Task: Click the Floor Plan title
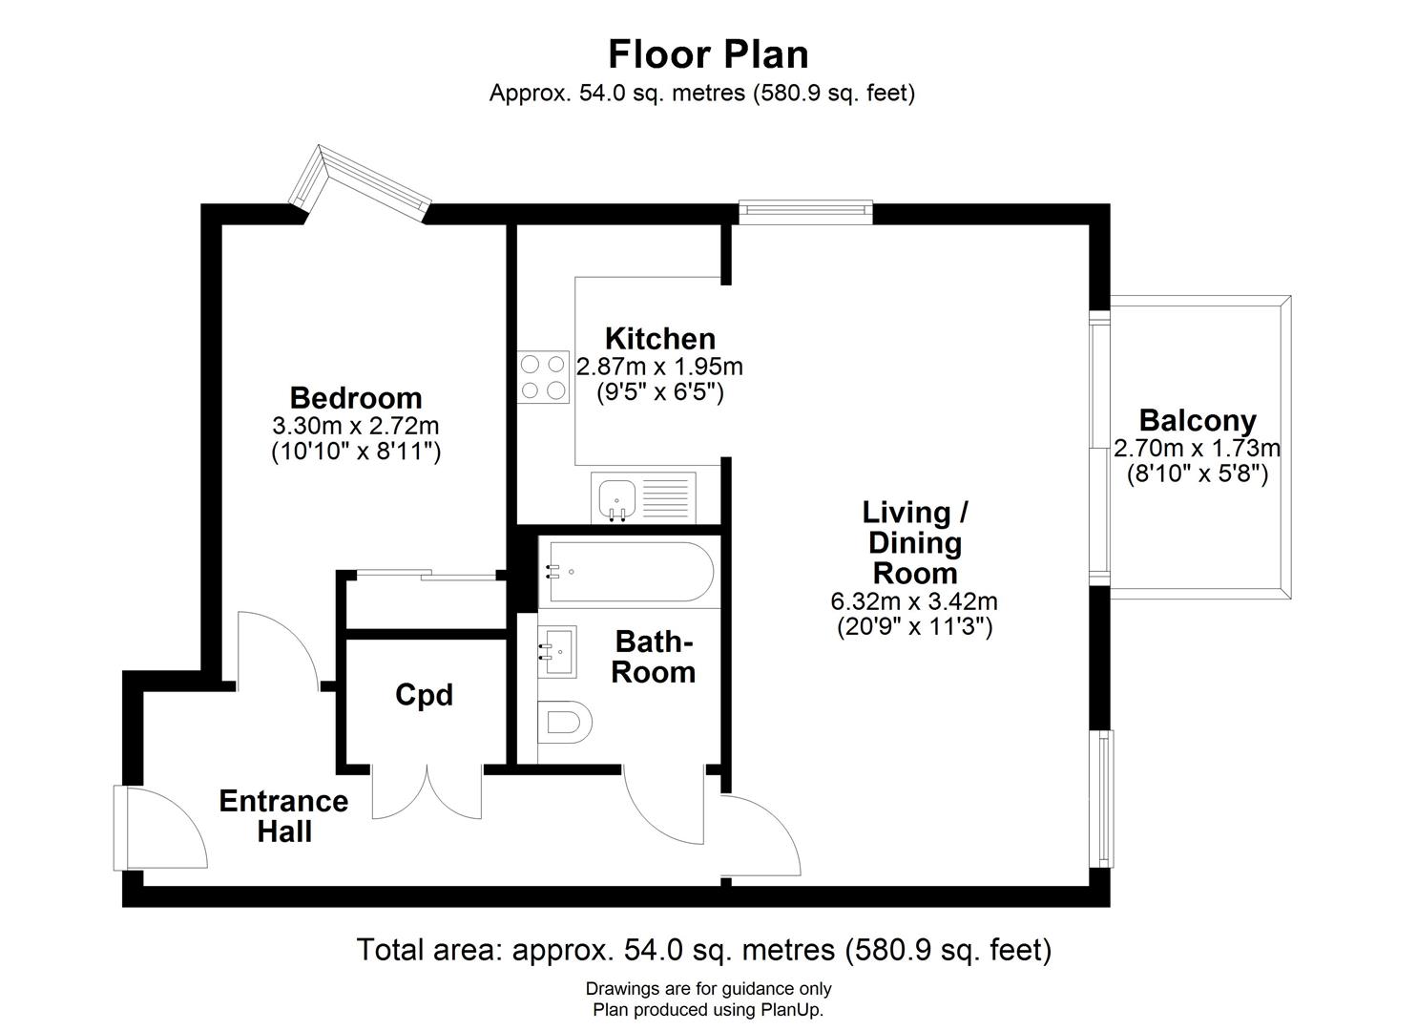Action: pyautogui.click(x=708, y=54)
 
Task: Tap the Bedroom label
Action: pyautogui.click(x=356, y=397)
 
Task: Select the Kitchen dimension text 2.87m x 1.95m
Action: pyautogui.click(x=659, y=367)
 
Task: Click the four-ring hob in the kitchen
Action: pyautogui.click(x=543, y=376)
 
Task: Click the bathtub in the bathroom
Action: pyautogui.click(x=625, y=572)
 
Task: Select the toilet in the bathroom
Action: pyautogui.click(x=564, y=722)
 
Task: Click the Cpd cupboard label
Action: pyautogui.click(x=424, y=695)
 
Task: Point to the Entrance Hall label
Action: pyautogui.click(x=283, y=815)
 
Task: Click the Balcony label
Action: pyautogui.click(x=1198, y=420)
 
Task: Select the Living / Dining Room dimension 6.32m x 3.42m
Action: pyautogui.click(x=914, y=601)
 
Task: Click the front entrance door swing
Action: pyautogui.click(x=162, y=828)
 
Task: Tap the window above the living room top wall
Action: pyautogui.click(x=805, y=211)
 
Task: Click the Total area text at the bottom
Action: pyautogui.click(x=703, y=950)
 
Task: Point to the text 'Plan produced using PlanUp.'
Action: pyautogui.click(x=708, y=1009)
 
